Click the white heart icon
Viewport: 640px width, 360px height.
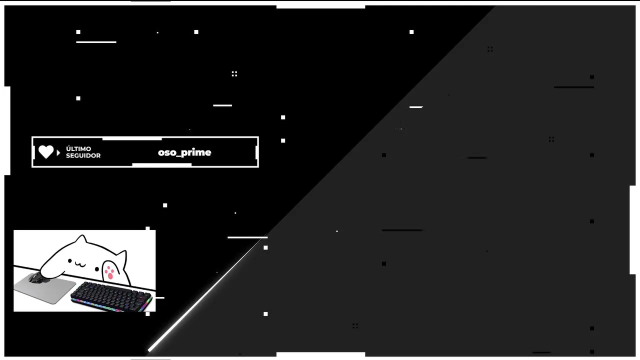46,151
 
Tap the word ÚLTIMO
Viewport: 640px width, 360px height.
78,148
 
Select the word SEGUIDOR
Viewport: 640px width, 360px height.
83,155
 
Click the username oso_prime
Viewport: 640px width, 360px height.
184,152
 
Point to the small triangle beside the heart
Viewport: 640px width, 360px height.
58,152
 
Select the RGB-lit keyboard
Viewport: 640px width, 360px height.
111,296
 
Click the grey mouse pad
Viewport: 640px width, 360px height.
45,289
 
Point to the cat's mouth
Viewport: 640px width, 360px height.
80,265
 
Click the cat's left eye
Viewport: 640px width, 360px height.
69,260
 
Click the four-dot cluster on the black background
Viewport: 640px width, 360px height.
234,74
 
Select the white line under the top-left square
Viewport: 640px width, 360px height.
96,42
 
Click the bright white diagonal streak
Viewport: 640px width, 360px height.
204,294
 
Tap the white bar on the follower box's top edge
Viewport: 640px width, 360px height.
132,139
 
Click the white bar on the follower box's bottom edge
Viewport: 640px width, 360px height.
161,165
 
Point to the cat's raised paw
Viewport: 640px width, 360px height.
110,271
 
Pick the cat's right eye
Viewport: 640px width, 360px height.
97,269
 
